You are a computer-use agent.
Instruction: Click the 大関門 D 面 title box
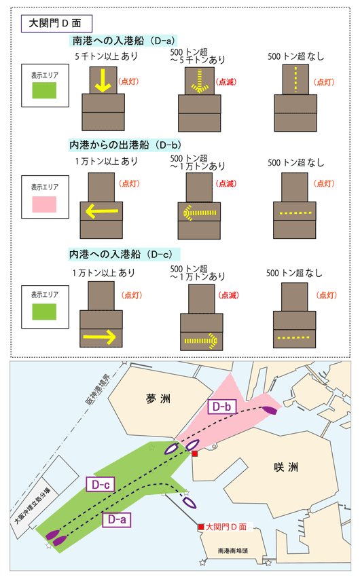pyautogui.click(x=56, y=24)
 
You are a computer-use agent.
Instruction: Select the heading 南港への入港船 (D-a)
pyautogui.click(x=123, y=41)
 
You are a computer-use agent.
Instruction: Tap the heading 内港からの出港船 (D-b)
pyautogui.click(x=125, y=145)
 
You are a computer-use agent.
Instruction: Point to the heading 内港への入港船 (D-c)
pyautogui.click(x=124, y=255)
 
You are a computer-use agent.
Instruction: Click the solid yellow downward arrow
pyautogui.click(x=103, y=80)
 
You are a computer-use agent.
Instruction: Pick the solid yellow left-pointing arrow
pyautogui.click(x=102, y=211)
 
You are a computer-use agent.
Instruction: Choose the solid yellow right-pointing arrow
pyautogui.click(x=100, y=337)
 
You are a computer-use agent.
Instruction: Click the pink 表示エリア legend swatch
pyautogui.click(x=44, y=204)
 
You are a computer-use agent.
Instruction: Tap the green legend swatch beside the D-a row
pyautogui.click(x=44, y=90)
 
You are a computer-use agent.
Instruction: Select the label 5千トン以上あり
pyautogui.click(x=106, y=56)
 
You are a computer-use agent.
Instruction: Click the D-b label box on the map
pyautogui.click(x=222, y=407)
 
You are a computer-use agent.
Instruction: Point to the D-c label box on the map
pyautogui.click(x=101, y=484)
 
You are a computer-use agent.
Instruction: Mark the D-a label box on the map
pyautogui.click(x=117, y=519)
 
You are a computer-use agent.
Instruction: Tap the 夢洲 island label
pyautogui.click(x=158, y=398)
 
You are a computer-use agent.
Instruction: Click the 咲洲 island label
pyautogui.click(x=286, y=467)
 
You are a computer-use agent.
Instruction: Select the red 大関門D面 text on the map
pyautogui.click(x=226, y=527)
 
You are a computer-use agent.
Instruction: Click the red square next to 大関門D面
pyautogui.click(x=201, y=527)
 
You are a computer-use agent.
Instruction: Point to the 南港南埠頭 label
pyautogui.click(x=232, y=551)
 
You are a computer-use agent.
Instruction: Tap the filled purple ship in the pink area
pyautogui.click(x=270, y=409)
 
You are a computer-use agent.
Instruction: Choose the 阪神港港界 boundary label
pyautogui.click(x=98, y=390)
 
